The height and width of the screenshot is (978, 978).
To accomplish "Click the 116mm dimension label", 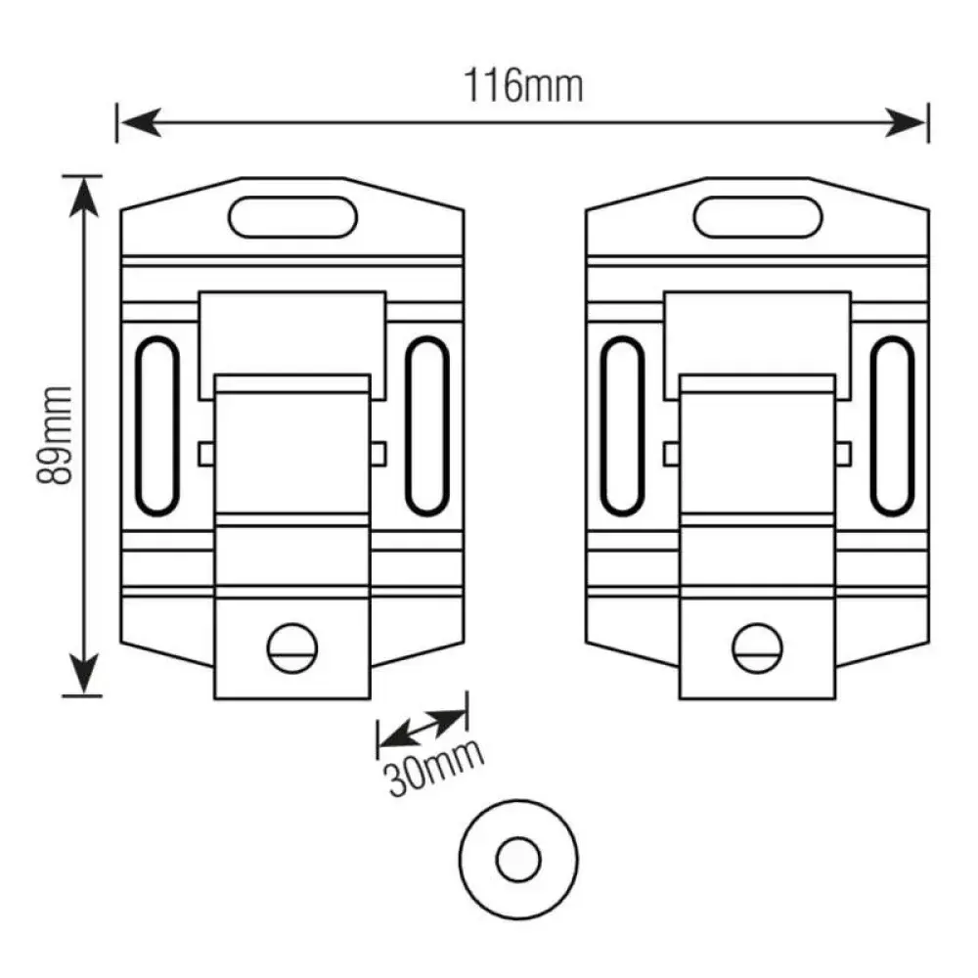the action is (523, 86).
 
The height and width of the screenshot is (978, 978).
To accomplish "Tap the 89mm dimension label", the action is (54, 435).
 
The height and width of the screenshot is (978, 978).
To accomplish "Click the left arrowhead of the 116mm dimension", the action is (140, 122).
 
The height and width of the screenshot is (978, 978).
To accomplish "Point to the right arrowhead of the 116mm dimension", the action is (906, 122).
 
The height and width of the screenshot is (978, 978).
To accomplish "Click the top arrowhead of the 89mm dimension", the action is (83, 198).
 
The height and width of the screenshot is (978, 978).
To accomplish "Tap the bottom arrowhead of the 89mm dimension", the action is (83, 674).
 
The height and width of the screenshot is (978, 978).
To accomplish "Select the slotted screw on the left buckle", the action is (292, 648).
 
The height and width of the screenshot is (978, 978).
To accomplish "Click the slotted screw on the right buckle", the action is (757, 648).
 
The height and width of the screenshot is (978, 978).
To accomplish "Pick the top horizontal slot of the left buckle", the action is (292, 217).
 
